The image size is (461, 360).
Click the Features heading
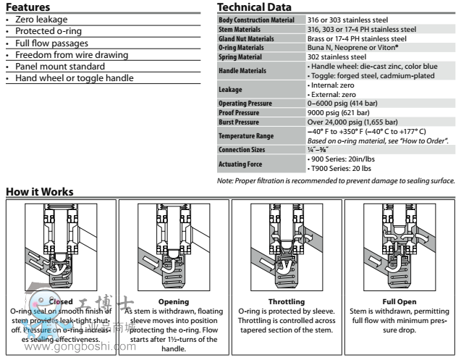point(28,7)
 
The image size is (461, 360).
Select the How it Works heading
point(39,191)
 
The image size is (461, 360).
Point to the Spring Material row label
point(242,56)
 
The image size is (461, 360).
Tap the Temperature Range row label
point(246,136)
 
